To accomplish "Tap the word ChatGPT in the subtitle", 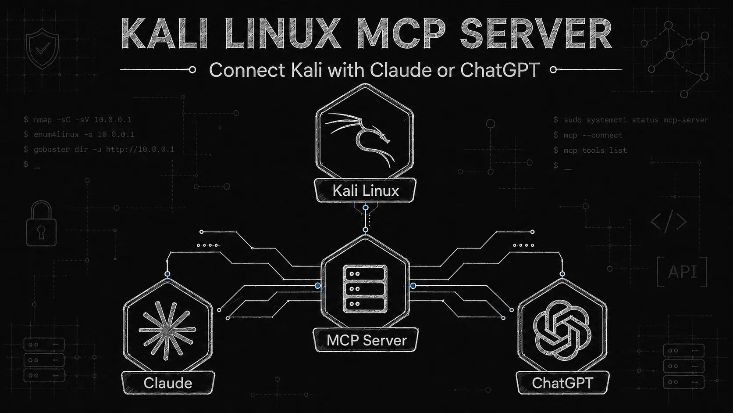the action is [x=500, y=70].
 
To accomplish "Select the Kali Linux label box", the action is [x=365, y=190].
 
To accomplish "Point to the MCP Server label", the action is [x=366, y=340].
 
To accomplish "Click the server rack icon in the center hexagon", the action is [x=365, y=289].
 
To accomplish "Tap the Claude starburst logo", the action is [x=167, y=330].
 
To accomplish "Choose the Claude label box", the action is [x=168, y=383].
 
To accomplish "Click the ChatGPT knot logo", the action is [x=562, y=330].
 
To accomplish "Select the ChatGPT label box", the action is [x=562, y=383].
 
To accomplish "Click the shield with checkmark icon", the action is [x=43, y=48].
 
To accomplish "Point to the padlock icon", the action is [x=41, y=223].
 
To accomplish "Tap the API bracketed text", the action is [x=682, y=272].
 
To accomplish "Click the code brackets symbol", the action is [x=668, y=221].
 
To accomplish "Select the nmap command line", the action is [x=78, y=119].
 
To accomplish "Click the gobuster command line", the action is [x=99, y=150].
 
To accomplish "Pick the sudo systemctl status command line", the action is [x=631, y=120].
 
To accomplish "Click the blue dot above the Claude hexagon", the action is [x=167, y=274].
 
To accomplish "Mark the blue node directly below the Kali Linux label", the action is [x=366, y=208].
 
